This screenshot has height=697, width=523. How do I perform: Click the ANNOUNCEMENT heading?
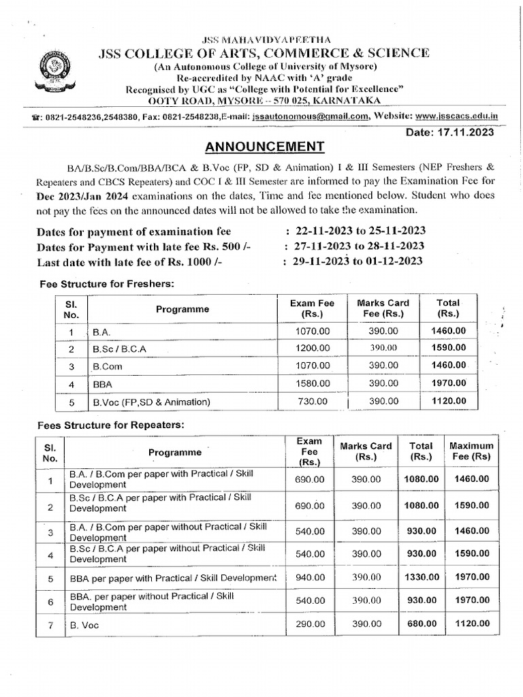point(261,146)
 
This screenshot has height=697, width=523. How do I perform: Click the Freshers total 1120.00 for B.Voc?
point(448,402)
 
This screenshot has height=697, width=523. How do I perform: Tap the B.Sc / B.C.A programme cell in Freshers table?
point(120,348)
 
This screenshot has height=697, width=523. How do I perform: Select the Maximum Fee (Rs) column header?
point(472,451)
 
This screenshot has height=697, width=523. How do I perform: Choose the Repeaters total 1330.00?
point(420,577)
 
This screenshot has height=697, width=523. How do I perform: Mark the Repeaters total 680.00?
point(420,623)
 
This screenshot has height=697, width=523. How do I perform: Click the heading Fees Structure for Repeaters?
point(108,425)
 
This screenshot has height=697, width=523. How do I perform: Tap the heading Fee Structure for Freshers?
point(106,283)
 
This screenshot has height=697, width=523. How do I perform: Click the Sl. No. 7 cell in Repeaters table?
point(50,623)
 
